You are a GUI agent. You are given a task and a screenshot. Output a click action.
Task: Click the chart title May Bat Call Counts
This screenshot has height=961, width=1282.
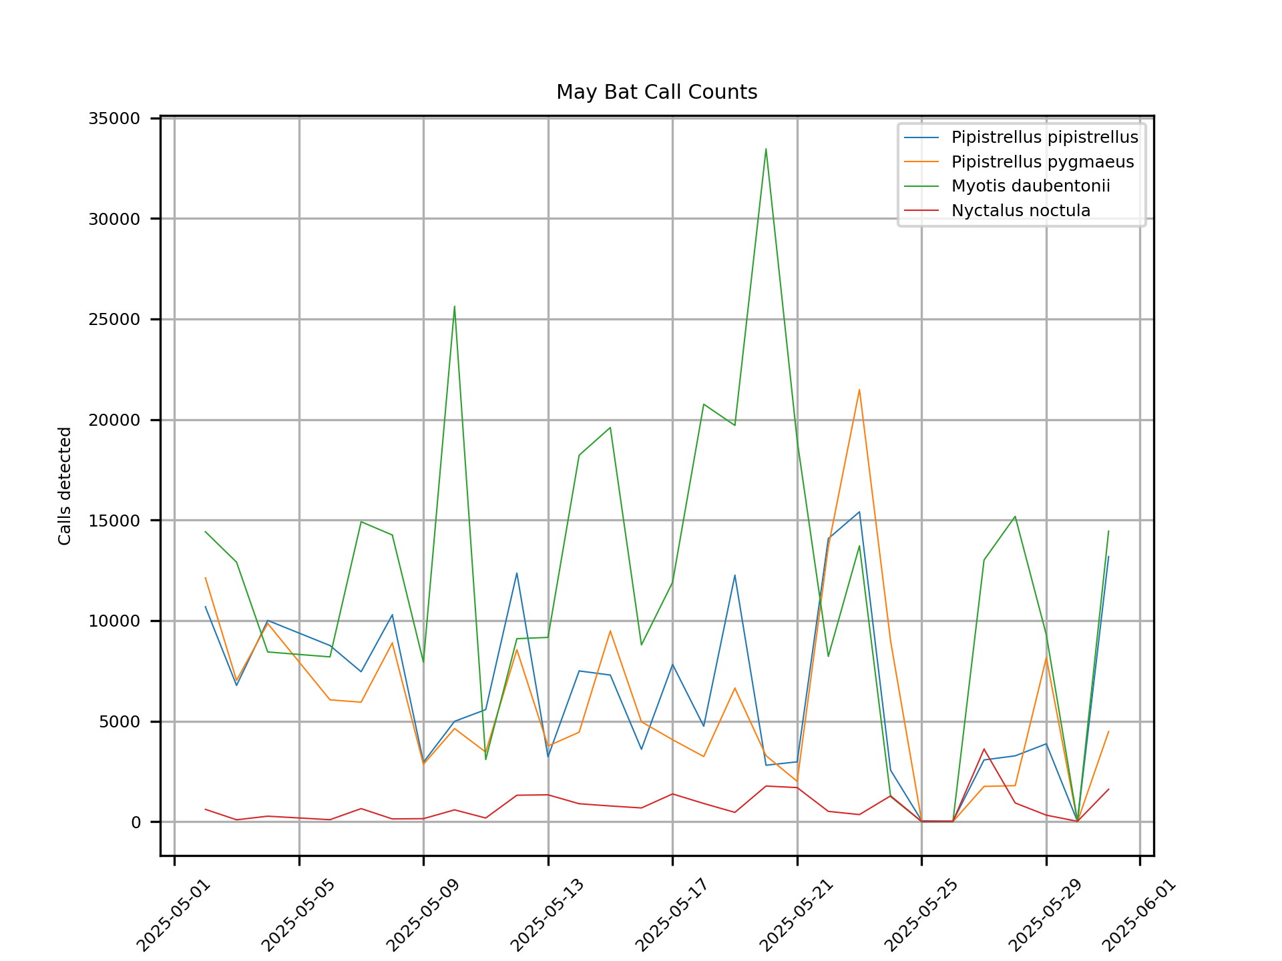pos(656,92)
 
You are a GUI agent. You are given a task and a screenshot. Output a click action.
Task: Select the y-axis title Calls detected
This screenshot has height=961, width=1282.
pos(65,486)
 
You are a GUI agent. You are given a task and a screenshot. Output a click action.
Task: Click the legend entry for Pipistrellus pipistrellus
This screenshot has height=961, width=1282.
pos(1044,137)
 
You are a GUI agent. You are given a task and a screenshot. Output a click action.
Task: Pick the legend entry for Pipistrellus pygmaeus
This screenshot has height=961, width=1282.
pos(1042,162)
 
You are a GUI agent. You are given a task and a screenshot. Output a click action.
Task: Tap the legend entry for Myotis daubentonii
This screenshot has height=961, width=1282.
pos(1030,186)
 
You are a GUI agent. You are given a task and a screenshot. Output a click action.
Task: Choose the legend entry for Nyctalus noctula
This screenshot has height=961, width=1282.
pos(1020,211)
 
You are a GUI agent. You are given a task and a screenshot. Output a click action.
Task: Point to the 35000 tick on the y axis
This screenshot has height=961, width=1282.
pos(114,119)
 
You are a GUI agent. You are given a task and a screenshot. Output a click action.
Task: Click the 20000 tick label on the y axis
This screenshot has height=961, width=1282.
pos(114,420)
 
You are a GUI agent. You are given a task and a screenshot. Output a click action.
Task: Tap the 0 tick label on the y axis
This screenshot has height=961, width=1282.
pos(136,822)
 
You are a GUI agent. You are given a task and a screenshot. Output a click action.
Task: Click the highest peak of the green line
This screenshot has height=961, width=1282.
pos(766,149)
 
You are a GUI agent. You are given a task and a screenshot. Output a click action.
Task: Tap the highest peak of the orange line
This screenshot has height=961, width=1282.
pos(859,389)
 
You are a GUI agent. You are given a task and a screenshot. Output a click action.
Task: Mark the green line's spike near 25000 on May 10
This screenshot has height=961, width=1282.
pos(455,306)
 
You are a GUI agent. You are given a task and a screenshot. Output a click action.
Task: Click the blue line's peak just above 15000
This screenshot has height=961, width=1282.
pos(859,512)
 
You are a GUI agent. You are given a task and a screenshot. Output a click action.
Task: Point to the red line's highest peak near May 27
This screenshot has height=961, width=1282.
pos(984,749)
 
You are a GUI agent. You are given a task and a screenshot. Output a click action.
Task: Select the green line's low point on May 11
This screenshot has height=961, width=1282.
pos(485,759)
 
